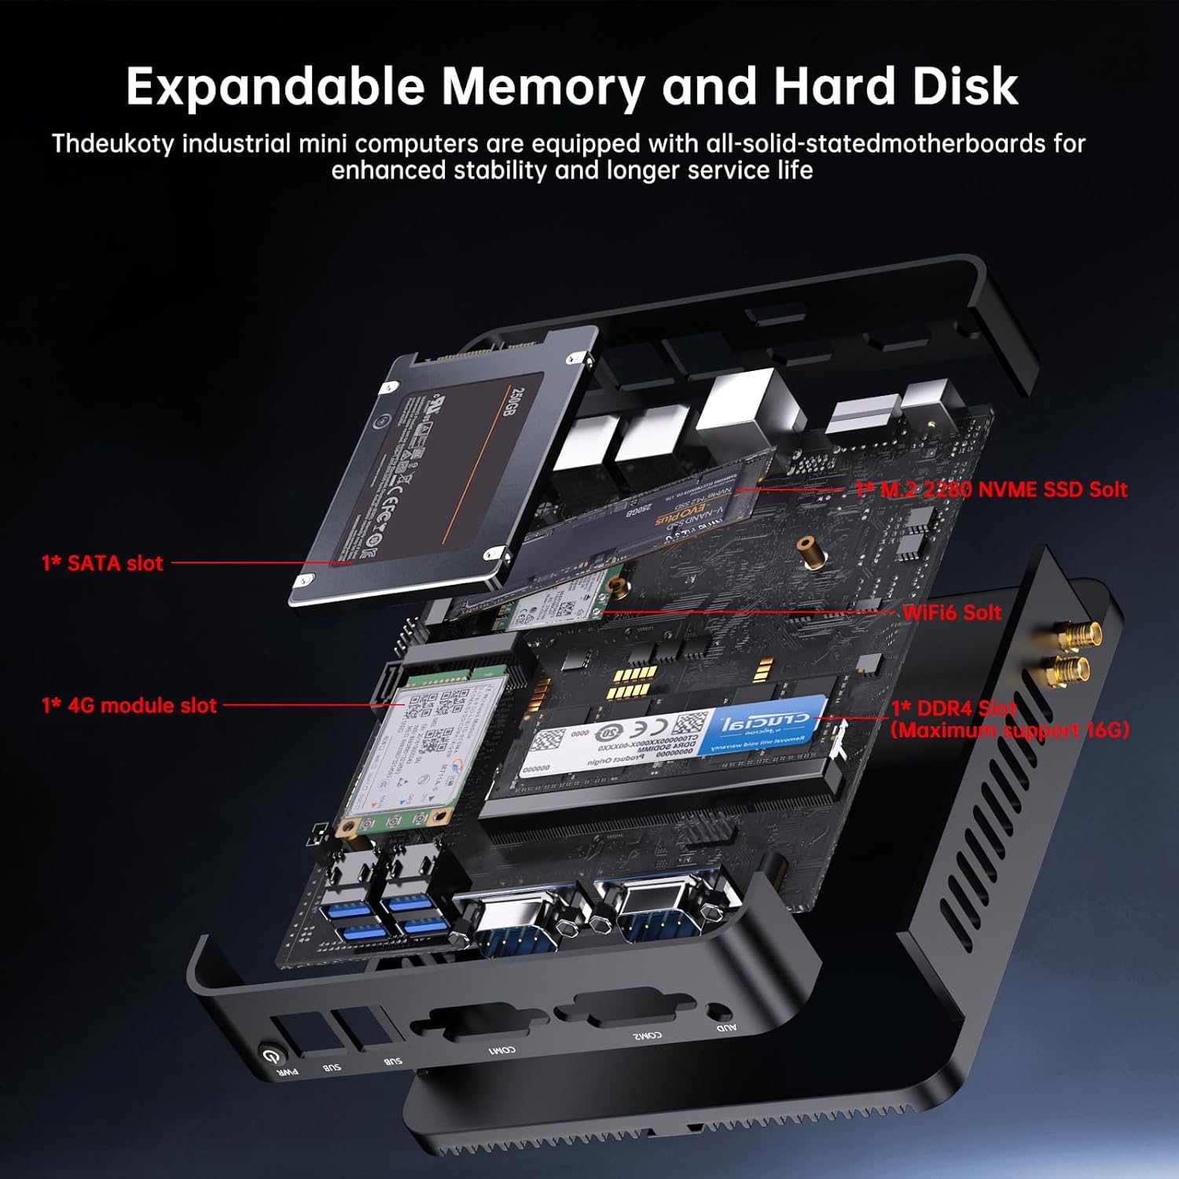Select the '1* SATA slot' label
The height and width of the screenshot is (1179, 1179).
(102, 563)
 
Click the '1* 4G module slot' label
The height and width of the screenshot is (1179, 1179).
(129, 705)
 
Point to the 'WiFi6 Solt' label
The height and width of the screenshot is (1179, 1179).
(952, 612)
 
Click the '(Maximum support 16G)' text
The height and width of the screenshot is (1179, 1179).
(1009, 730)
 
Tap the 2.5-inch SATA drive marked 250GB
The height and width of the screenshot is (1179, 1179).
(440, 472)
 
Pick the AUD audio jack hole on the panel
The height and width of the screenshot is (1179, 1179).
(715, 1012)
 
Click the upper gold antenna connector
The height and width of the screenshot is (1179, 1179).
(1071, 630)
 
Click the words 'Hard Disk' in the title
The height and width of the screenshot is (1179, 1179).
(895, 86)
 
